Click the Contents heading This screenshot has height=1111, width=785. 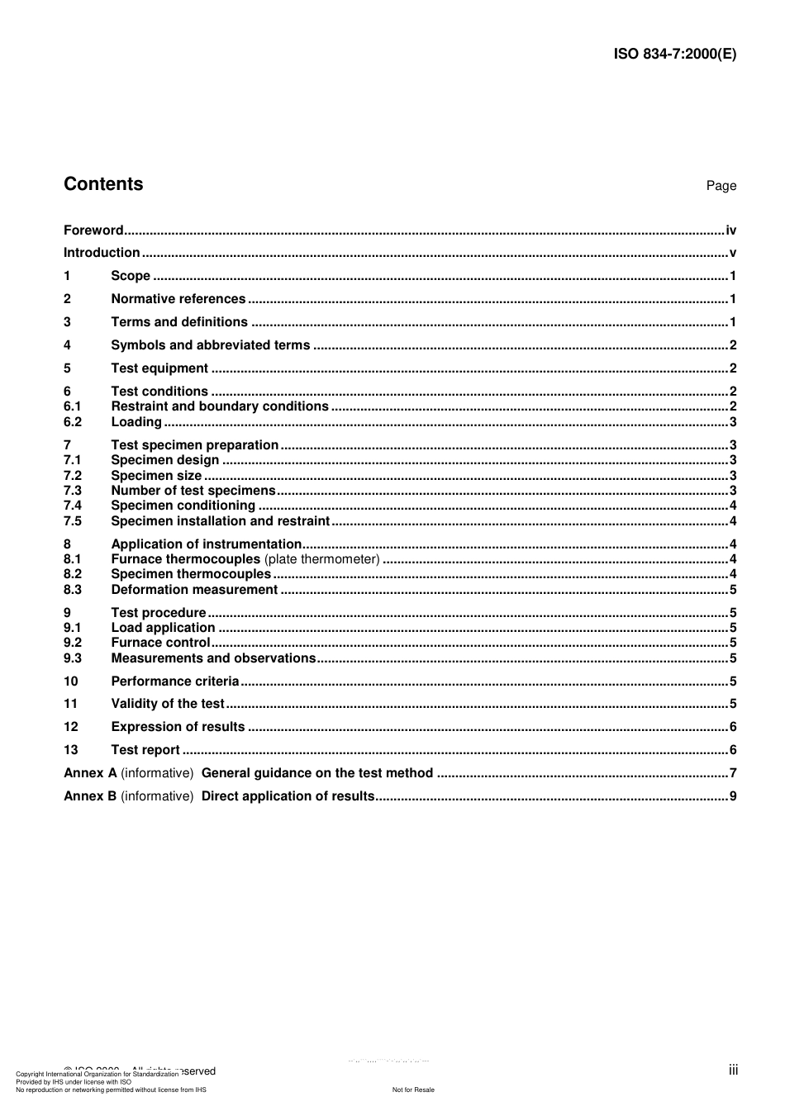[x=103, y=184]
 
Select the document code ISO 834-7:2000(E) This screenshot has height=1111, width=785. [x=674, y=55]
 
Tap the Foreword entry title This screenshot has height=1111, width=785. [x=93, y=230]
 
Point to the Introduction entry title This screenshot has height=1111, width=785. [x=102, y=253]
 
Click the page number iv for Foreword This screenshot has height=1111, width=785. [x=730, y=230]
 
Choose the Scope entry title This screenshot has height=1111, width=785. [x=131, y=276]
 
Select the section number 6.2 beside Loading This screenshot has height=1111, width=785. [x=73, y=422]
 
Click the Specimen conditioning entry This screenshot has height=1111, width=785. [x=183, y=506]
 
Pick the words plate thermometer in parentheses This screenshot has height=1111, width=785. [x=321, y=559]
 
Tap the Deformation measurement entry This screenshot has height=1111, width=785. [x=194, y=590]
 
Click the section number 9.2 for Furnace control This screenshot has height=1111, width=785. [x=73, y=643]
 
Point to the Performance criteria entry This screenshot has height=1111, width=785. [x=174, y=681]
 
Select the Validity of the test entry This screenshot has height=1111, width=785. [x=168, y=704]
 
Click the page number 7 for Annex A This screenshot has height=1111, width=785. [x=732, y=773]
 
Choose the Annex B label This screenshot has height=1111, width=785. [x=90, y=796]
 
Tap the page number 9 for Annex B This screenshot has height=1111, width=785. [x=732, y=796]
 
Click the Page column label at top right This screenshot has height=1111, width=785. [x=721, y=186]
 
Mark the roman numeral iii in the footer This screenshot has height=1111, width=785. [x=733, y=1070]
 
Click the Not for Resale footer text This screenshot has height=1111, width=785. [x=413, y=1090]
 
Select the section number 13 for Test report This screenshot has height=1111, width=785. [x=71, y=750]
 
